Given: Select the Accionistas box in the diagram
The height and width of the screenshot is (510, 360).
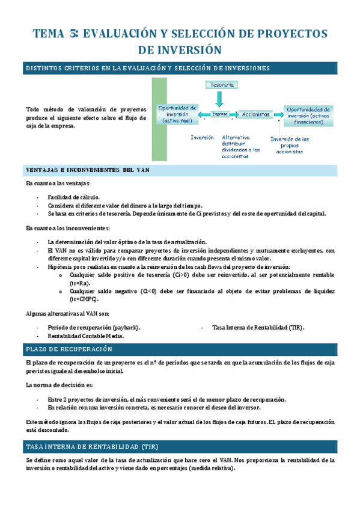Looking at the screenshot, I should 255,114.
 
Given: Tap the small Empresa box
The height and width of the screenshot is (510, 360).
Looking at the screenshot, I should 220,114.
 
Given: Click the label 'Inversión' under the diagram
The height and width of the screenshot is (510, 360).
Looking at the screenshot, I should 202,137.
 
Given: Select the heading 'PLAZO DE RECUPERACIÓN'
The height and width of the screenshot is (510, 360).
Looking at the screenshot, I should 69,349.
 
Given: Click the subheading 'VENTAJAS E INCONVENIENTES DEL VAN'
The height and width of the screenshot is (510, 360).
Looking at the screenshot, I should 88,170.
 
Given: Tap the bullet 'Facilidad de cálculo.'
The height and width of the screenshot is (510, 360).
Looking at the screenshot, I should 74,197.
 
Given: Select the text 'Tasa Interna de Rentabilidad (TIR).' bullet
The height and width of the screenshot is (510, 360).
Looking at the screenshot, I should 258,327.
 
